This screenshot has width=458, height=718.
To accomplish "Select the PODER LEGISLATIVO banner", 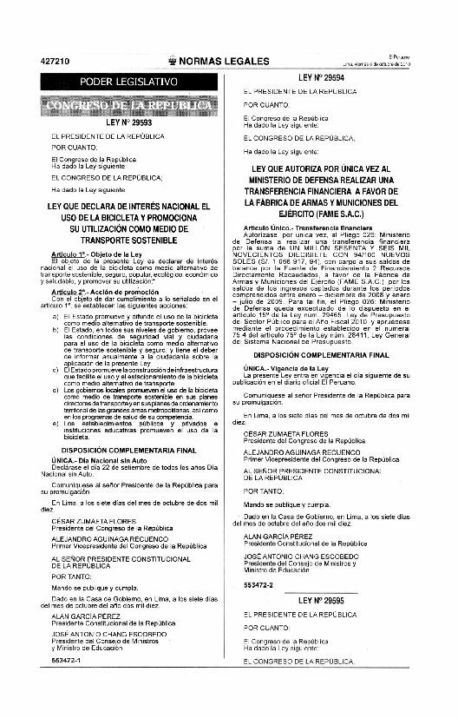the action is click(128, 82).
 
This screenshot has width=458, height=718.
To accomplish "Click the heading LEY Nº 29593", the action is click(128, 122).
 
